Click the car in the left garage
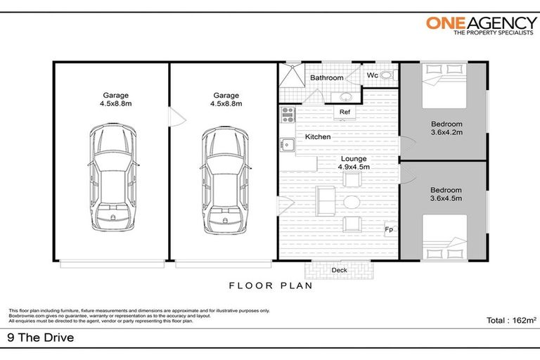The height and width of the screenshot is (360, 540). point(113,178)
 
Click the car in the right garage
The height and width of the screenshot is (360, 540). point(225,180)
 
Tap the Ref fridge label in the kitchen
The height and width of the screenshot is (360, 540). point(345,112)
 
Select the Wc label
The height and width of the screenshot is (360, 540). point(372,75)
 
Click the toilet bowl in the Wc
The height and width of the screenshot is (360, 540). point(388,75)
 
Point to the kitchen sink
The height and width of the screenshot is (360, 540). point(287,145)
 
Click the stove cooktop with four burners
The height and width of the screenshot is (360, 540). point(288,115)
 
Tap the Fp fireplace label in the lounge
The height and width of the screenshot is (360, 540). point(388,229)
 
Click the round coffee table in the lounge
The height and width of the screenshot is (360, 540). point(352,202)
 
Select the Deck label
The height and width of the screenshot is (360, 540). point(339,270)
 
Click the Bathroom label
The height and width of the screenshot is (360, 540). point(326,78)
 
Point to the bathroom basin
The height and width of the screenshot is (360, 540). point(345,97)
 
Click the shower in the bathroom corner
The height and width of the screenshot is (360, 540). point(292,75)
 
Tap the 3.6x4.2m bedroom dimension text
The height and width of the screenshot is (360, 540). point(446,132)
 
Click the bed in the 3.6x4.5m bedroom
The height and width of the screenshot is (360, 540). point(444,237)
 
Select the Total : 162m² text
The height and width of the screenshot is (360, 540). point(511,320)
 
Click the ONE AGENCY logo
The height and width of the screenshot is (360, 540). point(482,26)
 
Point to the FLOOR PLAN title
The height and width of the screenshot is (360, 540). point(271,285)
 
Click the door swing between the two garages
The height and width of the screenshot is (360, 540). point(178,117)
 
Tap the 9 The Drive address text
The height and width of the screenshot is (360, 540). point(41,337)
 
